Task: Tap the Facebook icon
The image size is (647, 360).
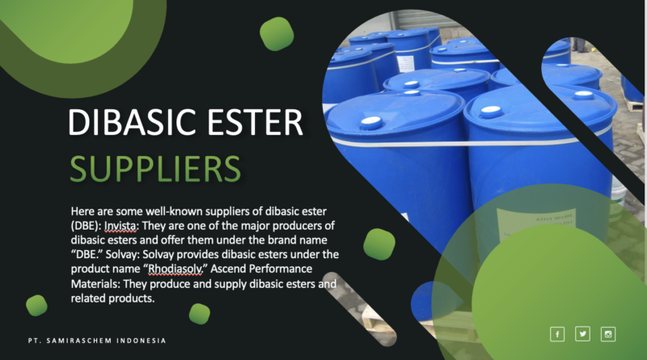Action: click(x=557, y=334)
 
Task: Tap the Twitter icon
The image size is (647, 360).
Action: click(x=582, y=334)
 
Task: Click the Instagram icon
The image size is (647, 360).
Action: click(x=608, y=334)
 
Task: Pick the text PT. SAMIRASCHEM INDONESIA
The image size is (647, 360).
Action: click(x=95, y=341)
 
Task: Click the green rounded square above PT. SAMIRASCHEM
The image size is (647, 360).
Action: click(x=36, y=305)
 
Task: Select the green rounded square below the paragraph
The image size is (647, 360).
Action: click(x=199, y=313)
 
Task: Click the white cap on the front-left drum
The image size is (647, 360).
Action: click(x=371, y=121)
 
